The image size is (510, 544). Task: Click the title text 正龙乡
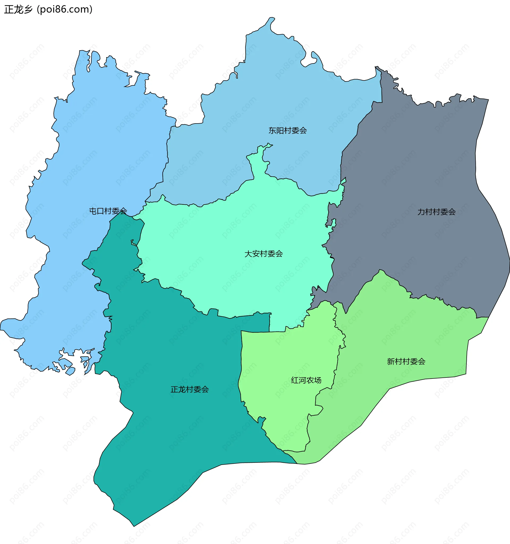coord(18,10)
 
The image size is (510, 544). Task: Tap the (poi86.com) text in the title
coord(65,10)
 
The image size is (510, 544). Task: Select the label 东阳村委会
coord(287,130)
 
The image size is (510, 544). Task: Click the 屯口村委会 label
coord(108,211)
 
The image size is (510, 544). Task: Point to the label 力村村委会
coord(436,211)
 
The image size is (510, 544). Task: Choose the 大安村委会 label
coord(263,254)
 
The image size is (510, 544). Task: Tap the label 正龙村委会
coord(190,389)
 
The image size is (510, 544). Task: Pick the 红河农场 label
coord(306,380)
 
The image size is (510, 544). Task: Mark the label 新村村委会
coord(406,362)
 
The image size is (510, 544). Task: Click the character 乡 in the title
coord(28,10)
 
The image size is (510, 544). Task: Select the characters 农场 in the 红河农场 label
coord(313,380)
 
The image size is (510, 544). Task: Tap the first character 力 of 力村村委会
coord(421,211)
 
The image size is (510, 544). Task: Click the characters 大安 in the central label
coord(252,254)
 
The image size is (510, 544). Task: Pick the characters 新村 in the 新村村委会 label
coord(394,362)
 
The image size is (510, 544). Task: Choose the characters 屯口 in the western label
coord(97,211)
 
